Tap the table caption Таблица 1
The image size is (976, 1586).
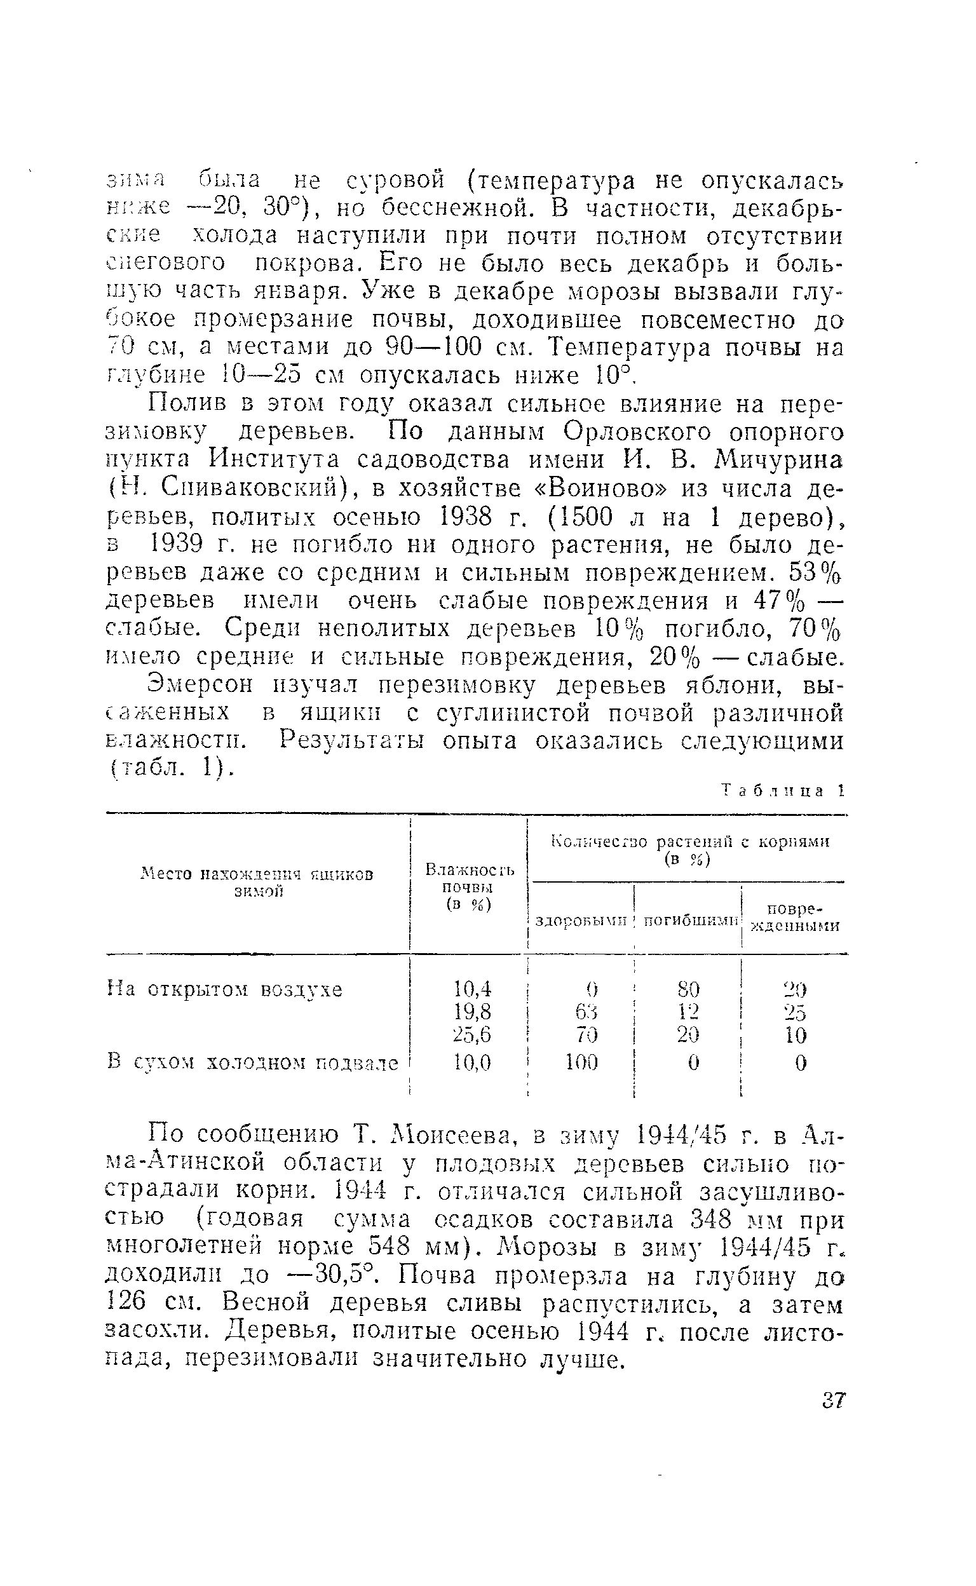[x=782, y=791]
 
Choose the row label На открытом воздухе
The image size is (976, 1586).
[x=225, y=990]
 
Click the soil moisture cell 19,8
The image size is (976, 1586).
[x=473, y=1011]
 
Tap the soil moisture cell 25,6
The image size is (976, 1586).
[x=473, y=1034]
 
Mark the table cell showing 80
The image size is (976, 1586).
[x=689, y=989]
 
